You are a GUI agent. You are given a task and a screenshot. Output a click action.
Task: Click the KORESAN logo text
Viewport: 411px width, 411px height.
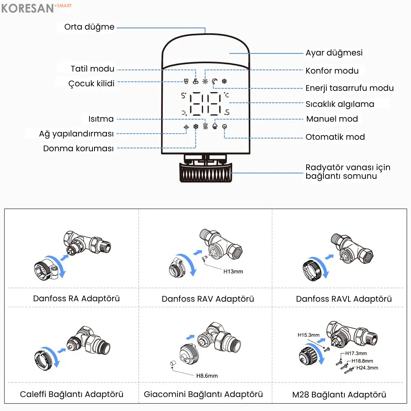click(x=28, y=8)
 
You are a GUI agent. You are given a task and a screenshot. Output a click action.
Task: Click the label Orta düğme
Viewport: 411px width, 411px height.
click(x=89, y=27)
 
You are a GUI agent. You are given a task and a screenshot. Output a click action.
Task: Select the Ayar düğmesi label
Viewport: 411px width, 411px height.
click(x=334, y=53)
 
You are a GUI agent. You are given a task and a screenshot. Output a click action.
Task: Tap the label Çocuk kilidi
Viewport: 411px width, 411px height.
click(x=91, y=83)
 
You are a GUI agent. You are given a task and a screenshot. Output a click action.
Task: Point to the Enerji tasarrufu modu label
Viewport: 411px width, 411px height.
click(x=349, y=88)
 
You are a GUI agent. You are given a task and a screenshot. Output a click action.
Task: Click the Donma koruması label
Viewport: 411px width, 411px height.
click(x=78, y=148)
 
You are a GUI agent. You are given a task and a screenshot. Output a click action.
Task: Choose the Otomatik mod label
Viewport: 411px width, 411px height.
click(x=335, y=137)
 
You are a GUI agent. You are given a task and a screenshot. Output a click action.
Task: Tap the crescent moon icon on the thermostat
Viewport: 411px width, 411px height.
click(x=215, y=81)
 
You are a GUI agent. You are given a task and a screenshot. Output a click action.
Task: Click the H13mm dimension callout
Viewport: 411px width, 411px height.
click(x=233, y=271)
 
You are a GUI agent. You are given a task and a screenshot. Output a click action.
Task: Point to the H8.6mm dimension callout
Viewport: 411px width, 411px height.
click(x=207, y=376)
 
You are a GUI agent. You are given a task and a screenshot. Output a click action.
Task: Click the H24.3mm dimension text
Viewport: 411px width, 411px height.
click(x=367, y=367)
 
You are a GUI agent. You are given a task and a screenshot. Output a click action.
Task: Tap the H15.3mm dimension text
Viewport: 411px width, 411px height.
click(x=309, y=335)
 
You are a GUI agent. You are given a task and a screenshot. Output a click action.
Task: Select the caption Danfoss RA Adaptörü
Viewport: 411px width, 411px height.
click(x=76, y=298)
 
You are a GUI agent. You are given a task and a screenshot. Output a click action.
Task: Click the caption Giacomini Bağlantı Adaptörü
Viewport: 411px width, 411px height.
click(x=203, y=394)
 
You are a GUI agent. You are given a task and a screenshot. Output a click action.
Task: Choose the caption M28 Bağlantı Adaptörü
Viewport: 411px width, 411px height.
click(x=339, y=395)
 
